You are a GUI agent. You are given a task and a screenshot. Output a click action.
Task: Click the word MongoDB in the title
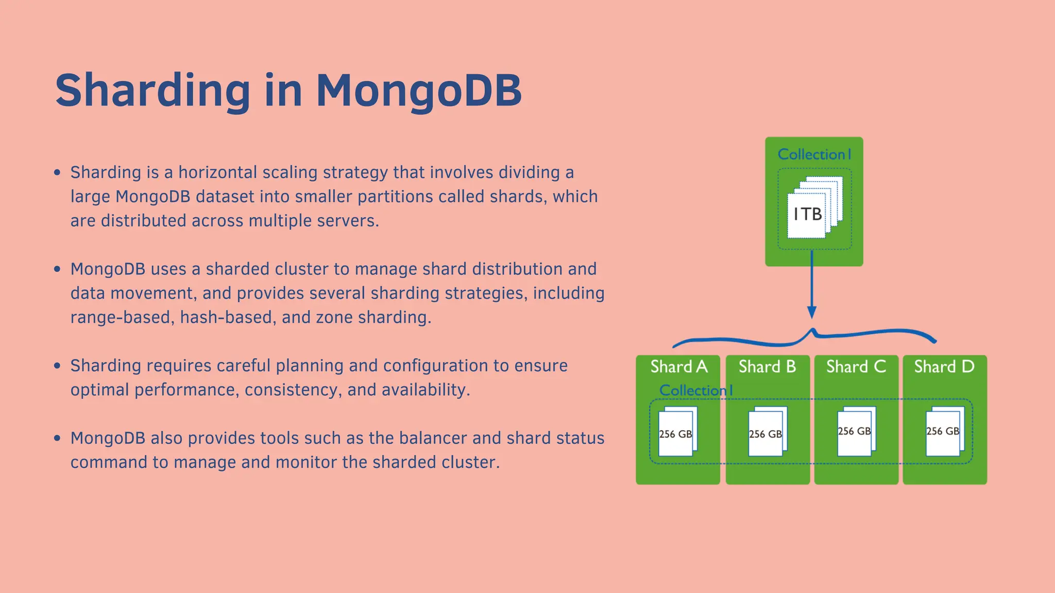[418, 91]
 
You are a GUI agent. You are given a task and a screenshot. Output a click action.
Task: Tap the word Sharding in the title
[153, 91]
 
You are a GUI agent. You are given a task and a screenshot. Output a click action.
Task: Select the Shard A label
[678, 367]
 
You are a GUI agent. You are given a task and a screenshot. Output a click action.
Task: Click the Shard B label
[767, 367]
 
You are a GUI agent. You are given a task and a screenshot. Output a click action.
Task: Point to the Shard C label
[856, 367]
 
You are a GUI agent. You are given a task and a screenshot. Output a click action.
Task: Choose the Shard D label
[944, 367]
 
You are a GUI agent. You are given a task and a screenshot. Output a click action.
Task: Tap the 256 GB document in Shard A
[677, 432]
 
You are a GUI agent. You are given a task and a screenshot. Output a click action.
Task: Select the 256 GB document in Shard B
[767, 432]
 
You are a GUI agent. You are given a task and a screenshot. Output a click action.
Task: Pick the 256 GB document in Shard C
[856, 431]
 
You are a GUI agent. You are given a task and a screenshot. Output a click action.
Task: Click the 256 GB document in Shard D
[944, 431]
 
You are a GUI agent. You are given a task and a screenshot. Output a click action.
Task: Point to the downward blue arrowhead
[812, 312]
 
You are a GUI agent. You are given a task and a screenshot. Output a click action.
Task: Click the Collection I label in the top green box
[814, 154]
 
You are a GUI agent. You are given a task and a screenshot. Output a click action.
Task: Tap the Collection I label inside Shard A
[695, 391]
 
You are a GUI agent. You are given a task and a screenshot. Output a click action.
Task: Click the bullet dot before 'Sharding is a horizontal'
[57, 172]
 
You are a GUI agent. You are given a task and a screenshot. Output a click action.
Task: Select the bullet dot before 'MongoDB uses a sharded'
[57, 269]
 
